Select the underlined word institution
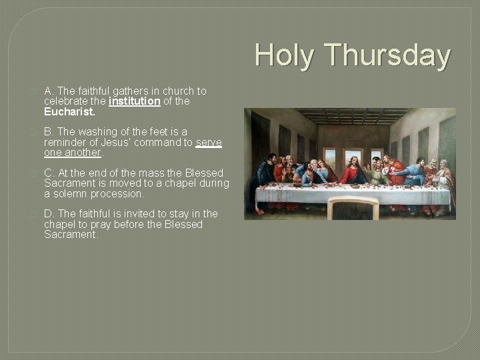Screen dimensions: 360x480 click(134, 101)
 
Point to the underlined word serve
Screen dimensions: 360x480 click(209, 143)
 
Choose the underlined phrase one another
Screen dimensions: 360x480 click(73, 153)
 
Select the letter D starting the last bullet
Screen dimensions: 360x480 click(48, 213)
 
